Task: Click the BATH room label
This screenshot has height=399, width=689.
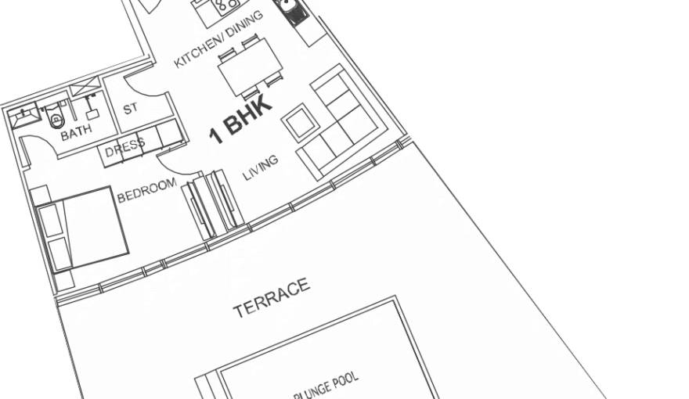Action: (76, 132)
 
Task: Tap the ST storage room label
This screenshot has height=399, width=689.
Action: (131, 110)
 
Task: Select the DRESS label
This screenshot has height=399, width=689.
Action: (125, 147)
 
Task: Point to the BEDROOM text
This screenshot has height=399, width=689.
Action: (146, 191)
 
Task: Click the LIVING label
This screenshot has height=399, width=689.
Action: (261, 167)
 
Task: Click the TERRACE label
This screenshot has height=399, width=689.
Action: (271, 298)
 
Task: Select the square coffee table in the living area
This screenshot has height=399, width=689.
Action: (298, 123)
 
